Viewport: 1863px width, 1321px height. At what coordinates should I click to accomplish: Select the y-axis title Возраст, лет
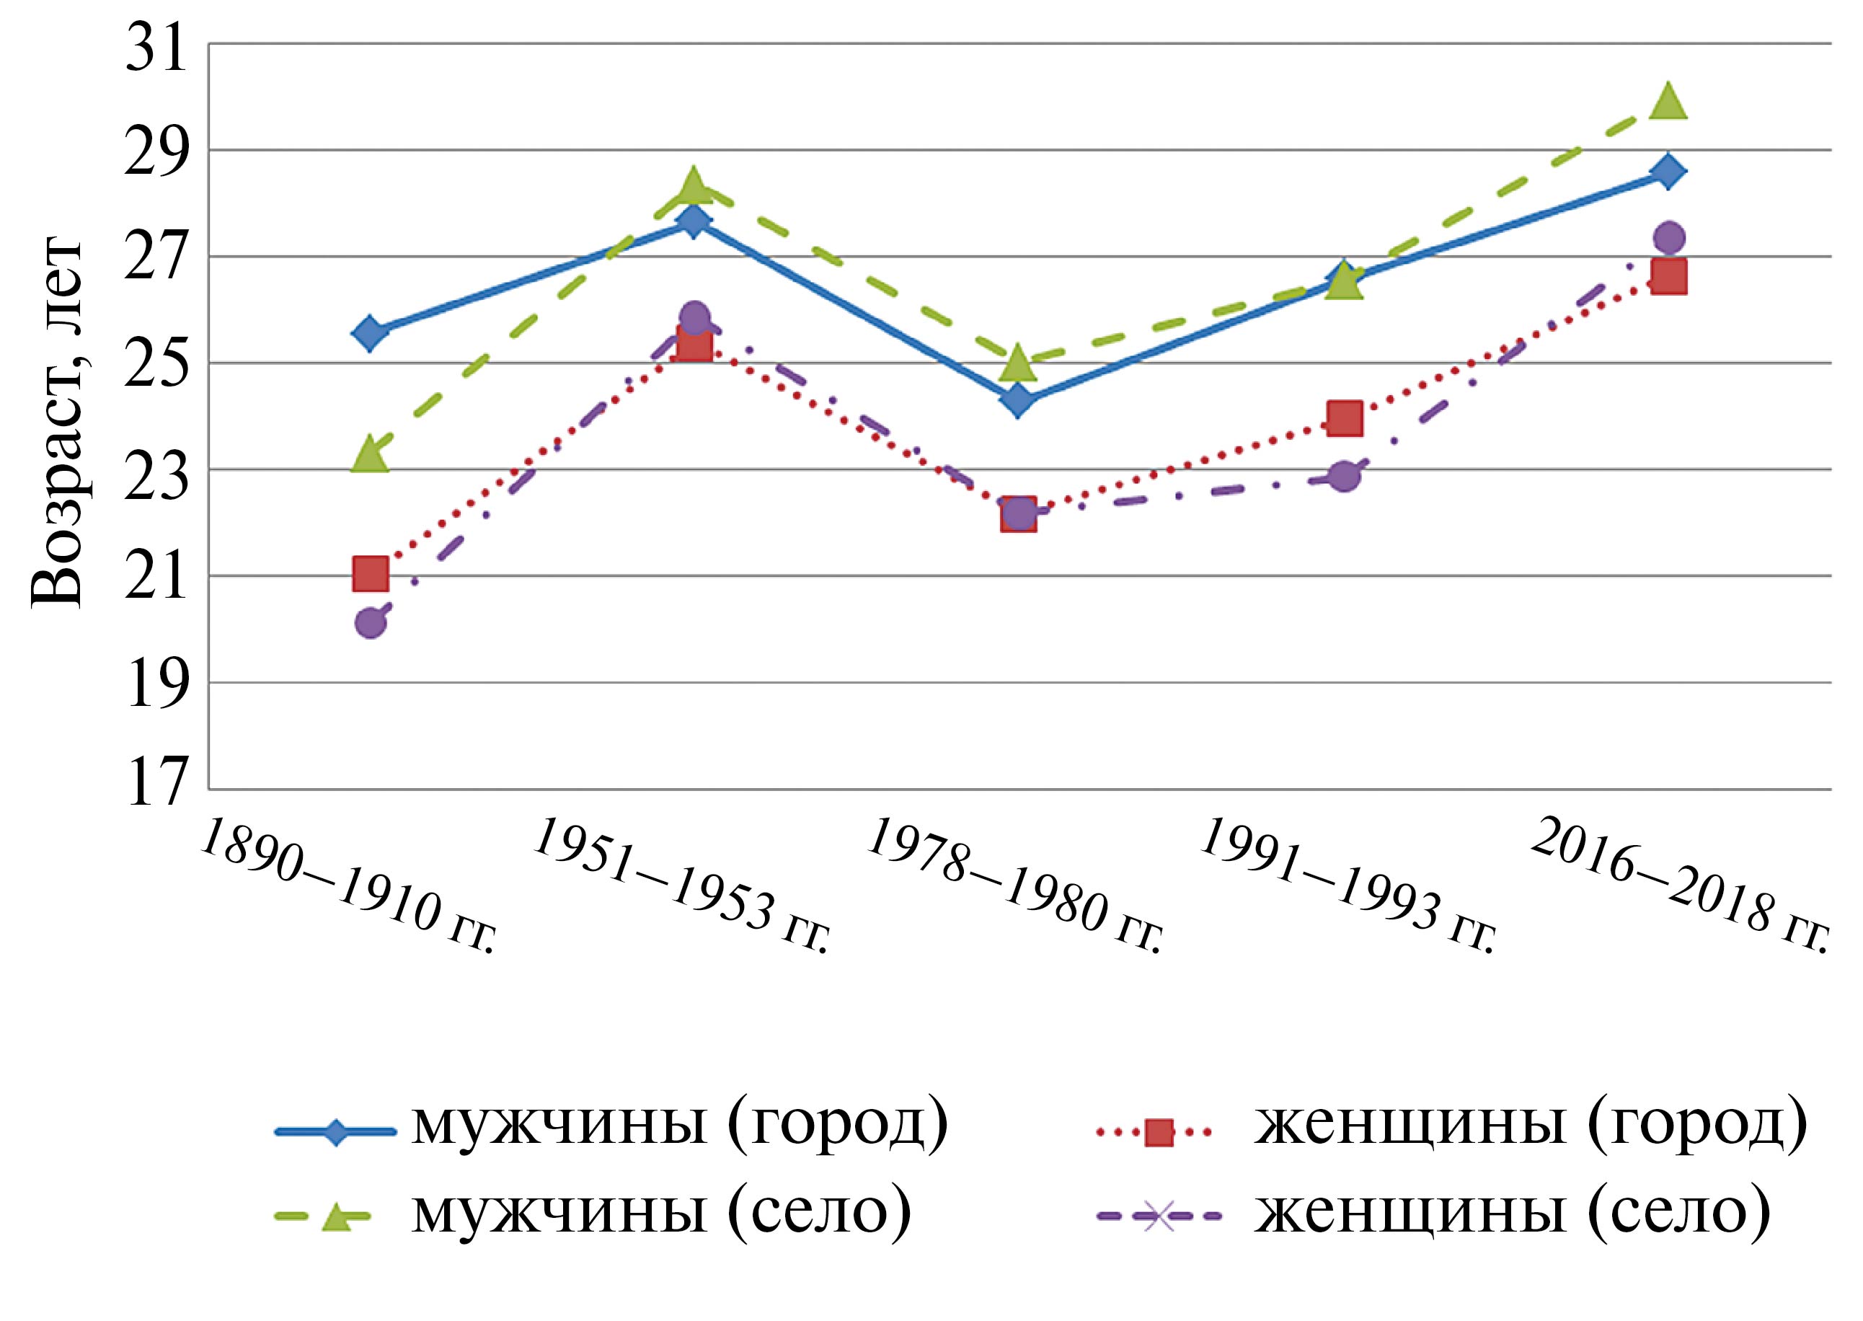point(57,423)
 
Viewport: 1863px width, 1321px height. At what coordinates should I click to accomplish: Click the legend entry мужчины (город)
point(680,1126)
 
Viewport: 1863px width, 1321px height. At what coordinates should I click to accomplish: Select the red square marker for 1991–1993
point(1344,418)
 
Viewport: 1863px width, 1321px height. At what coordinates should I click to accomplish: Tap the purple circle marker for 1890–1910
point(370,623)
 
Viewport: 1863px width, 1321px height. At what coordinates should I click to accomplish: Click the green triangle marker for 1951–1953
point(694,185)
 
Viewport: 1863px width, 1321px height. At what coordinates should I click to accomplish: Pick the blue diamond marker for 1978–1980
point(1018,399)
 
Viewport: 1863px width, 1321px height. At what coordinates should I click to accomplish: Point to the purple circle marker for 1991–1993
point(1344,476)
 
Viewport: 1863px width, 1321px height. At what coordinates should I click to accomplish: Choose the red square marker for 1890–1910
point(370,573)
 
